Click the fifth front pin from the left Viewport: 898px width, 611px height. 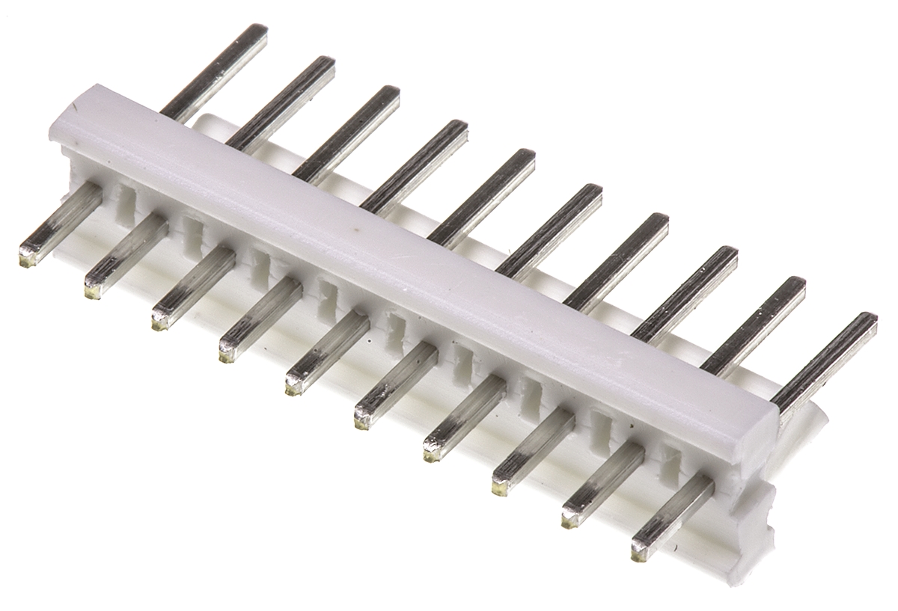pos(326,354)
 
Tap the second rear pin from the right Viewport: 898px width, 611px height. pos(754,325)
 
